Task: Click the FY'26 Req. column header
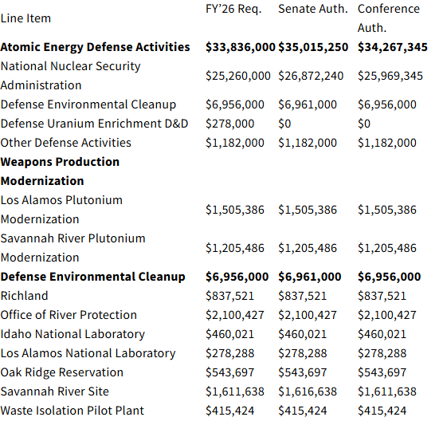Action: click(236, 9)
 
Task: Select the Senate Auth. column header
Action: click(314, 9)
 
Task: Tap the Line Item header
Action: click(25, 18)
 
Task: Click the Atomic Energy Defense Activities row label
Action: click(96, 47)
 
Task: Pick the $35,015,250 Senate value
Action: click(313, 47)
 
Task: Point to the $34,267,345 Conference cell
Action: click(393, 47)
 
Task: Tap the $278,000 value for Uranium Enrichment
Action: click(230, 124)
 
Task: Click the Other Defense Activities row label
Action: click(66, 143)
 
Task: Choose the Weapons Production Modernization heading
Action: click(60, 171)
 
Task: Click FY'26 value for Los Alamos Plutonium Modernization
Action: click(235, 210)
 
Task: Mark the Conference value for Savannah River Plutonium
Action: click(386, 248)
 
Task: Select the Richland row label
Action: click(25, 296)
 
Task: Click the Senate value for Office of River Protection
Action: click(308, 315)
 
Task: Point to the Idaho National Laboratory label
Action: click(73, 334)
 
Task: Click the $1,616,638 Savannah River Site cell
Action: click(308, 391)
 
